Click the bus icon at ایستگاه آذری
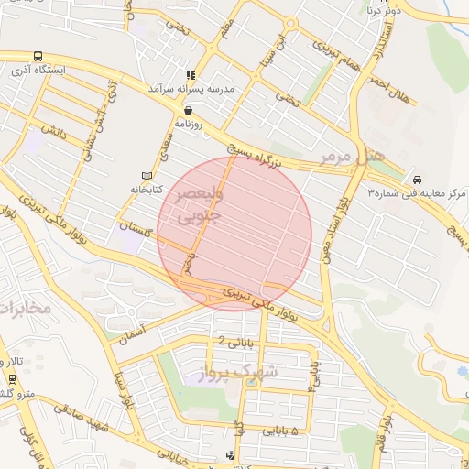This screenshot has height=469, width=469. pyautogui.click(x=38, y=56)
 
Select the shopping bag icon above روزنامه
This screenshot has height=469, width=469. pyautogui.click(x=188, y=109)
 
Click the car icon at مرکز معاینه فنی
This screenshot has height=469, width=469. pyautogui.click(x=418, y=180)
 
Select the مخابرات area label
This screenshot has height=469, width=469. pyautogui.click(x=24, y=310)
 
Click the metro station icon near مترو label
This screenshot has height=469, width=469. pyautogui.click(x=12, y=378)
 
